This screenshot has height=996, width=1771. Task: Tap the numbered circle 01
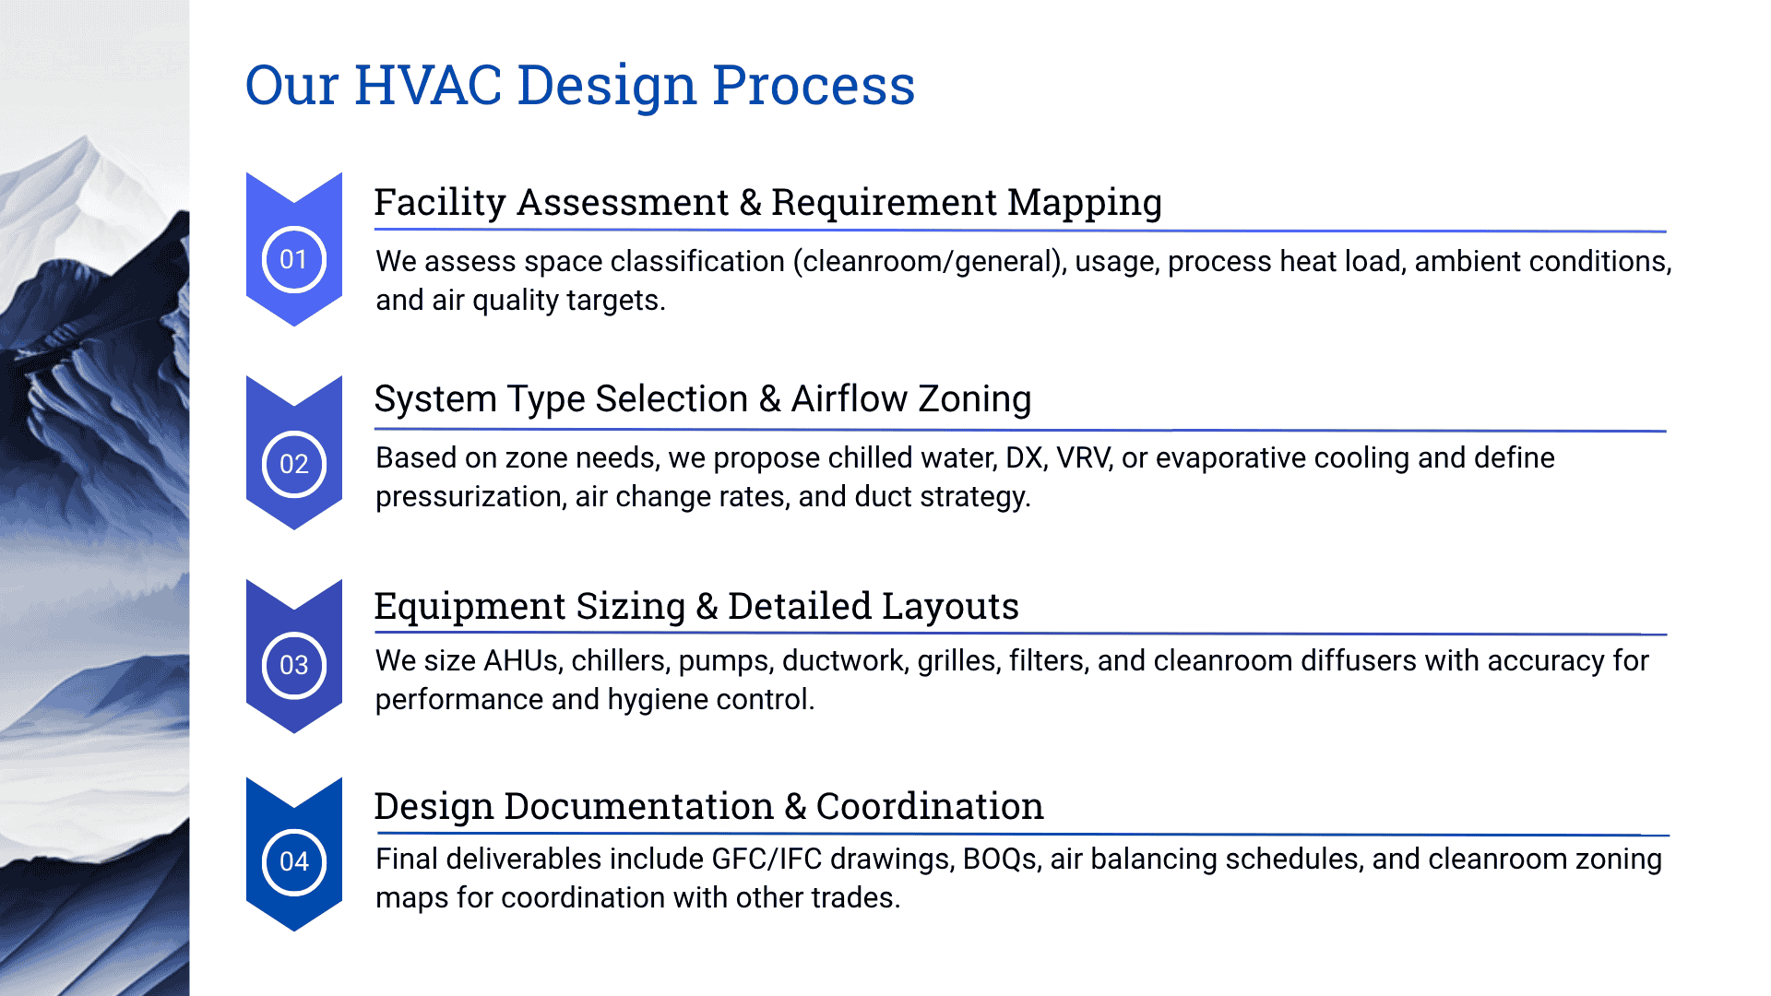click(294, 259)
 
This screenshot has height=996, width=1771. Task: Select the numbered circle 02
click(294, 464)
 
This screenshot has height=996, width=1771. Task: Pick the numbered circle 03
click(294, 665)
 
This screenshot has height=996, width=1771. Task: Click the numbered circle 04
click(294, 861)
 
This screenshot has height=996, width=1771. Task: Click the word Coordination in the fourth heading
click(930, 807)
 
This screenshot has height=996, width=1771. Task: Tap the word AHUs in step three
click(521, 661)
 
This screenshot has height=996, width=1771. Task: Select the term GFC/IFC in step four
click(767, 860)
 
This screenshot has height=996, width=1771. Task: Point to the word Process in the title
click(814, 86)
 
